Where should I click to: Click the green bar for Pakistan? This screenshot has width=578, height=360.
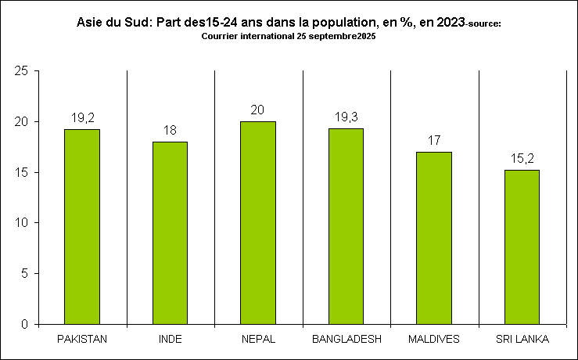[82, 226]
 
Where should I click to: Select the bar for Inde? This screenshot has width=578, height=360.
[170, 232]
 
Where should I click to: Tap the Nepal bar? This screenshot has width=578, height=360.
[258, 222]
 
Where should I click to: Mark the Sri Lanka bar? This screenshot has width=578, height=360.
[522, 247]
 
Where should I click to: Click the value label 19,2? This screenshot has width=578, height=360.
[82, 117]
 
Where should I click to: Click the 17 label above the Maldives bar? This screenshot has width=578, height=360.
[434, 140]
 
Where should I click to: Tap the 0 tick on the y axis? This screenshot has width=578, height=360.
[25, 324]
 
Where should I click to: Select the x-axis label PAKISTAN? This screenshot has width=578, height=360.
[82, 340]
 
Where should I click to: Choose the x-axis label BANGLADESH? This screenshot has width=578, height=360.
[346, 340]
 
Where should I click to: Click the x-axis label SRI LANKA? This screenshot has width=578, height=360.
[522, 340]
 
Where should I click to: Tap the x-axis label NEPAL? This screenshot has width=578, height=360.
[258, 340]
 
